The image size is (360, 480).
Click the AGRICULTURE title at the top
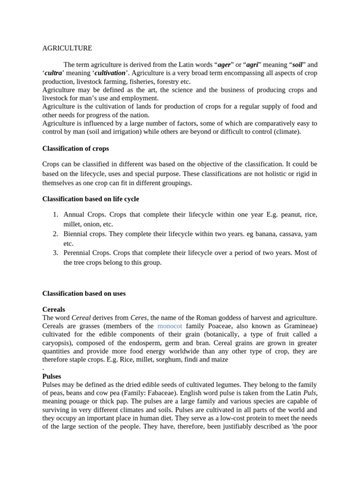(67, 48)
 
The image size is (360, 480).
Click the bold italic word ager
(224, 65)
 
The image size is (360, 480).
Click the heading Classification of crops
(75, 149)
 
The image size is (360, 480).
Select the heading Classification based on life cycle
(90, 199)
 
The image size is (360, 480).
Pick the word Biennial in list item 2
(76, 234)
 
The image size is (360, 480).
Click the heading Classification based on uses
(84, 294)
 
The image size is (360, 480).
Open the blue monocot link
(170, 326)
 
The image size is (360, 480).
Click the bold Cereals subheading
(54, 310)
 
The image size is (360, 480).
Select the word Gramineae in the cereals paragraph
(300, 326)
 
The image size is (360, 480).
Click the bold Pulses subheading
(52, 376)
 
